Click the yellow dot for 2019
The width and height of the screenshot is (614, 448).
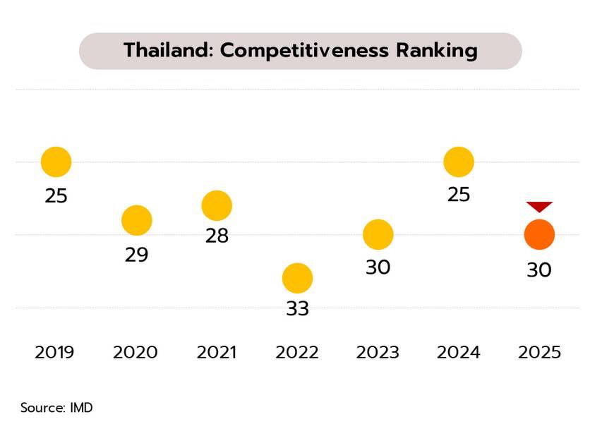(x=56, y=162)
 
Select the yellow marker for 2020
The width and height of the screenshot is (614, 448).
(x=136, y=220)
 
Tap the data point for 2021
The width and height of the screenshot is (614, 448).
(x=217, y=205)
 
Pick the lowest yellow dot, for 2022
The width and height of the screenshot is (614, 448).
(x=297, y=278)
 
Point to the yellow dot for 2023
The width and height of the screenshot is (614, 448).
(x=378, y=234)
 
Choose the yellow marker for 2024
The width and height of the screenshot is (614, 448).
(x=458, y=162)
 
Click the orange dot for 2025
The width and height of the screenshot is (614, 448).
(x=539, y=234)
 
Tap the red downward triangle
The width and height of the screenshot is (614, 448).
(x=539, y=207)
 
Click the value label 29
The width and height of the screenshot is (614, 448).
(x=136, y=255)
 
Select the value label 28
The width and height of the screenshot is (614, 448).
(x=217, y=236)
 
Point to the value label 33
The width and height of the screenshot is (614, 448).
(x=297, y=309)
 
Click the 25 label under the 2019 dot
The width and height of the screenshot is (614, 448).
(x=56, y=195)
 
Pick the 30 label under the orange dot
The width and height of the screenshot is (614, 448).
(x=539, y=270)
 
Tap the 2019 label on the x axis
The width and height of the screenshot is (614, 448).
(x=54, y=352)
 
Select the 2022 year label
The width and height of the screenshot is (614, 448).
(x=297, y=352)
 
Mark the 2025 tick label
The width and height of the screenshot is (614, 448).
(x=539, y=352)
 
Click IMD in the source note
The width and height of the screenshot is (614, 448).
(x=81, y=408)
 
